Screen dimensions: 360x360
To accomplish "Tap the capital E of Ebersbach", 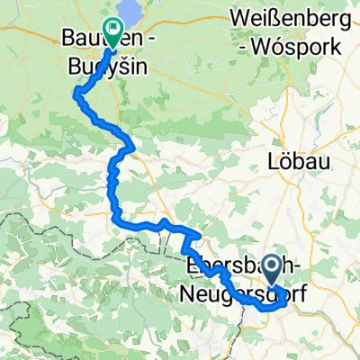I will (x=190, y=267).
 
